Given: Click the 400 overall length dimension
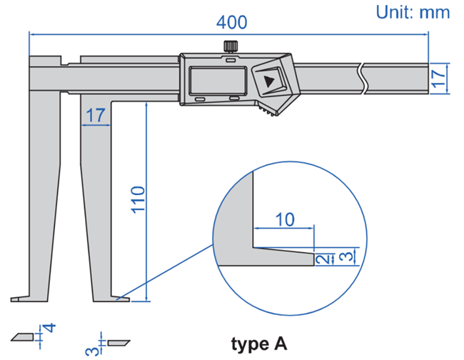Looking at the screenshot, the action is coord(232,23).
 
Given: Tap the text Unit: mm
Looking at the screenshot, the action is coord(413,12).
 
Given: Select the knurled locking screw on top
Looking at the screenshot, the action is coord(231,46).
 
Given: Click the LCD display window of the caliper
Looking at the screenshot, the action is coord(218,81).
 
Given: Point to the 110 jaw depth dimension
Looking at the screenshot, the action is coord(138,200).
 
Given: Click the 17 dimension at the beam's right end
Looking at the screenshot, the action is coord(439,79).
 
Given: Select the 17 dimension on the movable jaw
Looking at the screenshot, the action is coord(95,115).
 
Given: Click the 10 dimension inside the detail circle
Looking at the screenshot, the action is coord(285,219).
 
